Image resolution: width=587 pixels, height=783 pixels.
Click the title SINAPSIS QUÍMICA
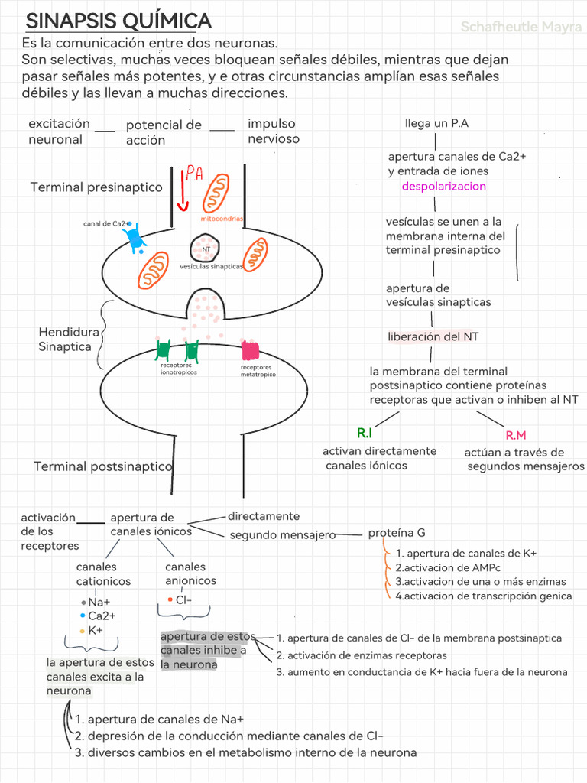click(x=118, y=21)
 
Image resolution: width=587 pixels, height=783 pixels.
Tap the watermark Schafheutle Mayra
click(x=521, y=27)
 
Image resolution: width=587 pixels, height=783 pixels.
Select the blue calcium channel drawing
click(x=135, y=238)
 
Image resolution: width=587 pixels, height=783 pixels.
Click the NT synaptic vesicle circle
click(x=205, y=249)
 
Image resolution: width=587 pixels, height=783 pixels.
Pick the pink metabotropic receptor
click(x=250, y=350)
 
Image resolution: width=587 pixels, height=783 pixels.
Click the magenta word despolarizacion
click(x=444, y=187)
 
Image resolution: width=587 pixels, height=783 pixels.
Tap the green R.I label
click(x=365, y=433)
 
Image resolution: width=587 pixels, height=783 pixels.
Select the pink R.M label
click(x=516, y=435)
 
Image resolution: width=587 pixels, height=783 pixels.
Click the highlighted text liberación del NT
click(x=433, y=336)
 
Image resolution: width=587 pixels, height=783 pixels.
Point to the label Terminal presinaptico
click(x=96, y=187)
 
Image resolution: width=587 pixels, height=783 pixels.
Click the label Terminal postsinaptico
click(x=103, y=466)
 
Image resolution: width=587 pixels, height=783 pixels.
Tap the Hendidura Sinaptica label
click(x=68, y=340)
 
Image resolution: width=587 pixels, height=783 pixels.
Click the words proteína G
click(x=397, y=533)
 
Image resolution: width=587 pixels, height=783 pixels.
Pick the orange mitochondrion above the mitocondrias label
click(x=216, y=193)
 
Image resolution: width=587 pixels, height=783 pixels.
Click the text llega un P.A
click(x=436, y=123)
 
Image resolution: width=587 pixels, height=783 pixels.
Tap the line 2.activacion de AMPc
click(x=448, y=568)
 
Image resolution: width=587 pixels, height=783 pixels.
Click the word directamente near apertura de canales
click(x=264, y=516)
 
